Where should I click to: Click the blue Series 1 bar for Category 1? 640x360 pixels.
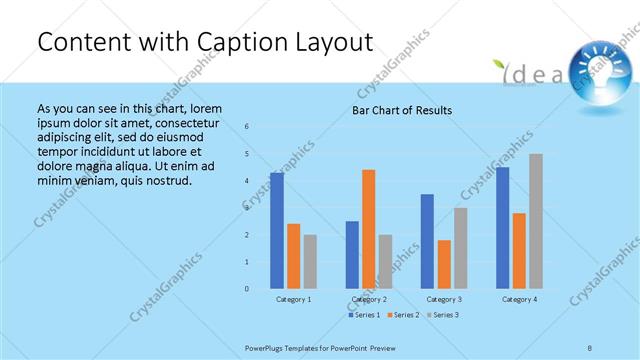click(x=277, y=231)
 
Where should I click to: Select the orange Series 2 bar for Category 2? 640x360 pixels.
click(x=369, y=229)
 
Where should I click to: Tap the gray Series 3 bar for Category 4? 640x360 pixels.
click(x=536, y=221)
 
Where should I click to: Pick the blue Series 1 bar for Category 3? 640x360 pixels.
click(x=427, y=241)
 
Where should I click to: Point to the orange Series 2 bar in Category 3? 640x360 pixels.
click(x=444, y=264)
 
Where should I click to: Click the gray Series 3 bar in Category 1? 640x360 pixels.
click(x=310, y=261)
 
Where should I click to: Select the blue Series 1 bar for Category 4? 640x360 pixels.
click(x=502, y=228)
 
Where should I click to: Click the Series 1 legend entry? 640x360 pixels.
click(x=362, y=315)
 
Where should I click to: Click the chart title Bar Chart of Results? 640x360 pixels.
click(x=402, y=110)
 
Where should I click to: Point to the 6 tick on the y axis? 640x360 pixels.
click(x=247, y=126)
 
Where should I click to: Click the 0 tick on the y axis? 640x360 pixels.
click(x=247, y=289)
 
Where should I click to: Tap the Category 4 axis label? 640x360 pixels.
click(x=519, y=299)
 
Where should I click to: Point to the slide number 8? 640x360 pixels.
click(x=590, y=347)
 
